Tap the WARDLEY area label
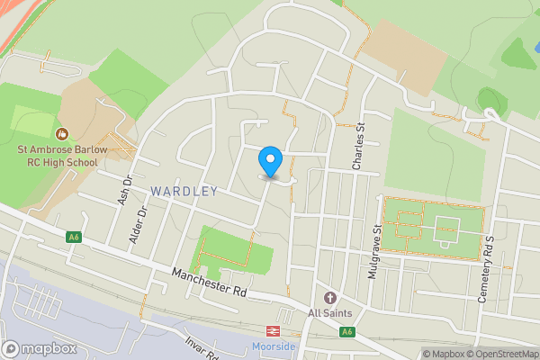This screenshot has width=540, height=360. [184, 191]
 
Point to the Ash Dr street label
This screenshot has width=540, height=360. [125, 191]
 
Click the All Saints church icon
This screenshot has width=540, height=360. [329, 297]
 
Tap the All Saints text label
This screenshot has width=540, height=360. [329, 313]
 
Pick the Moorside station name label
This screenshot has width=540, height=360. [274, 346]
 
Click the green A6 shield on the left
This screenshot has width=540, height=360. [74, 237]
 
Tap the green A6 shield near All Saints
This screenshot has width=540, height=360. [346, 332]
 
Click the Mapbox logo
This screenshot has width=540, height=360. [40, 348]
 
